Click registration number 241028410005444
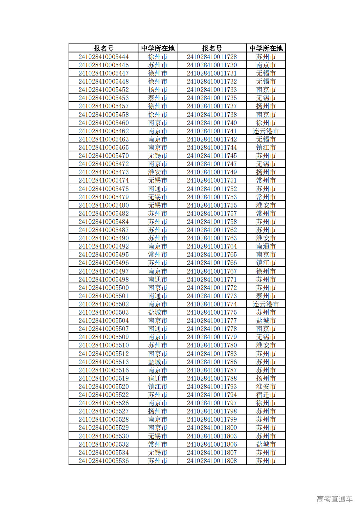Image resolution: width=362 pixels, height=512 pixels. coord(103,57)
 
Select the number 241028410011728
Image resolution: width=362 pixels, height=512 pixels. coord(212,57)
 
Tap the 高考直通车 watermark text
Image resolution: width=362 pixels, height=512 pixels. coord(334,499)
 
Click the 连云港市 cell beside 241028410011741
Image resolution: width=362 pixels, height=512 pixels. coord(266,131)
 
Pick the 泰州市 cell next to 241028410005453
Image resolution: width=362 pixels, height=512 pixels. coord(158,98)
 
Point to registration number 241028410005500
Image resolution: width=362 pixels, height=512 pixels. coord(103,288)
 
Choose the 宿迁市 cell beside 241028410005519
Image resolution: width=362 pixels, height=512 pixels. coord(158,378)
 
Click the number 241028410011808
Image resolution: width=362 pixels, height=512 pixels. coord(212,461)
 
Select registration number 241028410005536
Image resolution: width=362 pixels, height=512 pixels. coord(103,461)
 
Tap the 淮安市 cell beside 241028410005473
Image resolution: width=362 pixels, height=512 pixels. coord(158,172)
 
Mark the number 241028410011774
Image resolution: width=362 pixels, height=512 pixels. coord(212,304)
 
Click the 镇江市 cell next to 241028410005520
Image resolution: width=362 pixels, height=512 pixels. coord(158,387)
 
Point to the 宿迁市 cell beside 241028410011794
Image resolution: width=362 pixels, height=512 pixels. coord(266,395)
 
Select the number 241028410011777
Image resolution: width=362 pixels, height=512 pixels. coord(212,321)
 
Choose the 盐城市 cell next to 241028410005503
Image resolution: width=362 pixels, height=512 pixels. coord(158,312)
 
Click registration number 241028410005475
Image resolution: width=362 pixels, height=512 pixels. coord(103,189)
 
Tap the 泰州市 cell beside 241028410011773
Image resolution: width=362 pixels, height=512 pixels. coord(266,296)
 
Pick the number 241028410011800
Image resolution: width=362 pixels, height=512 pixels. coord(212,428)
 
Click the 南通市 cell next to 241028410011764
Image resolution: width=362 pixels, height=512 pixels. coord(266,246)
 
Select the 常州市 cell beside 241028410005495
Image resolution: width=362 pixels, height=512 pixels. coord(158,255)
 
